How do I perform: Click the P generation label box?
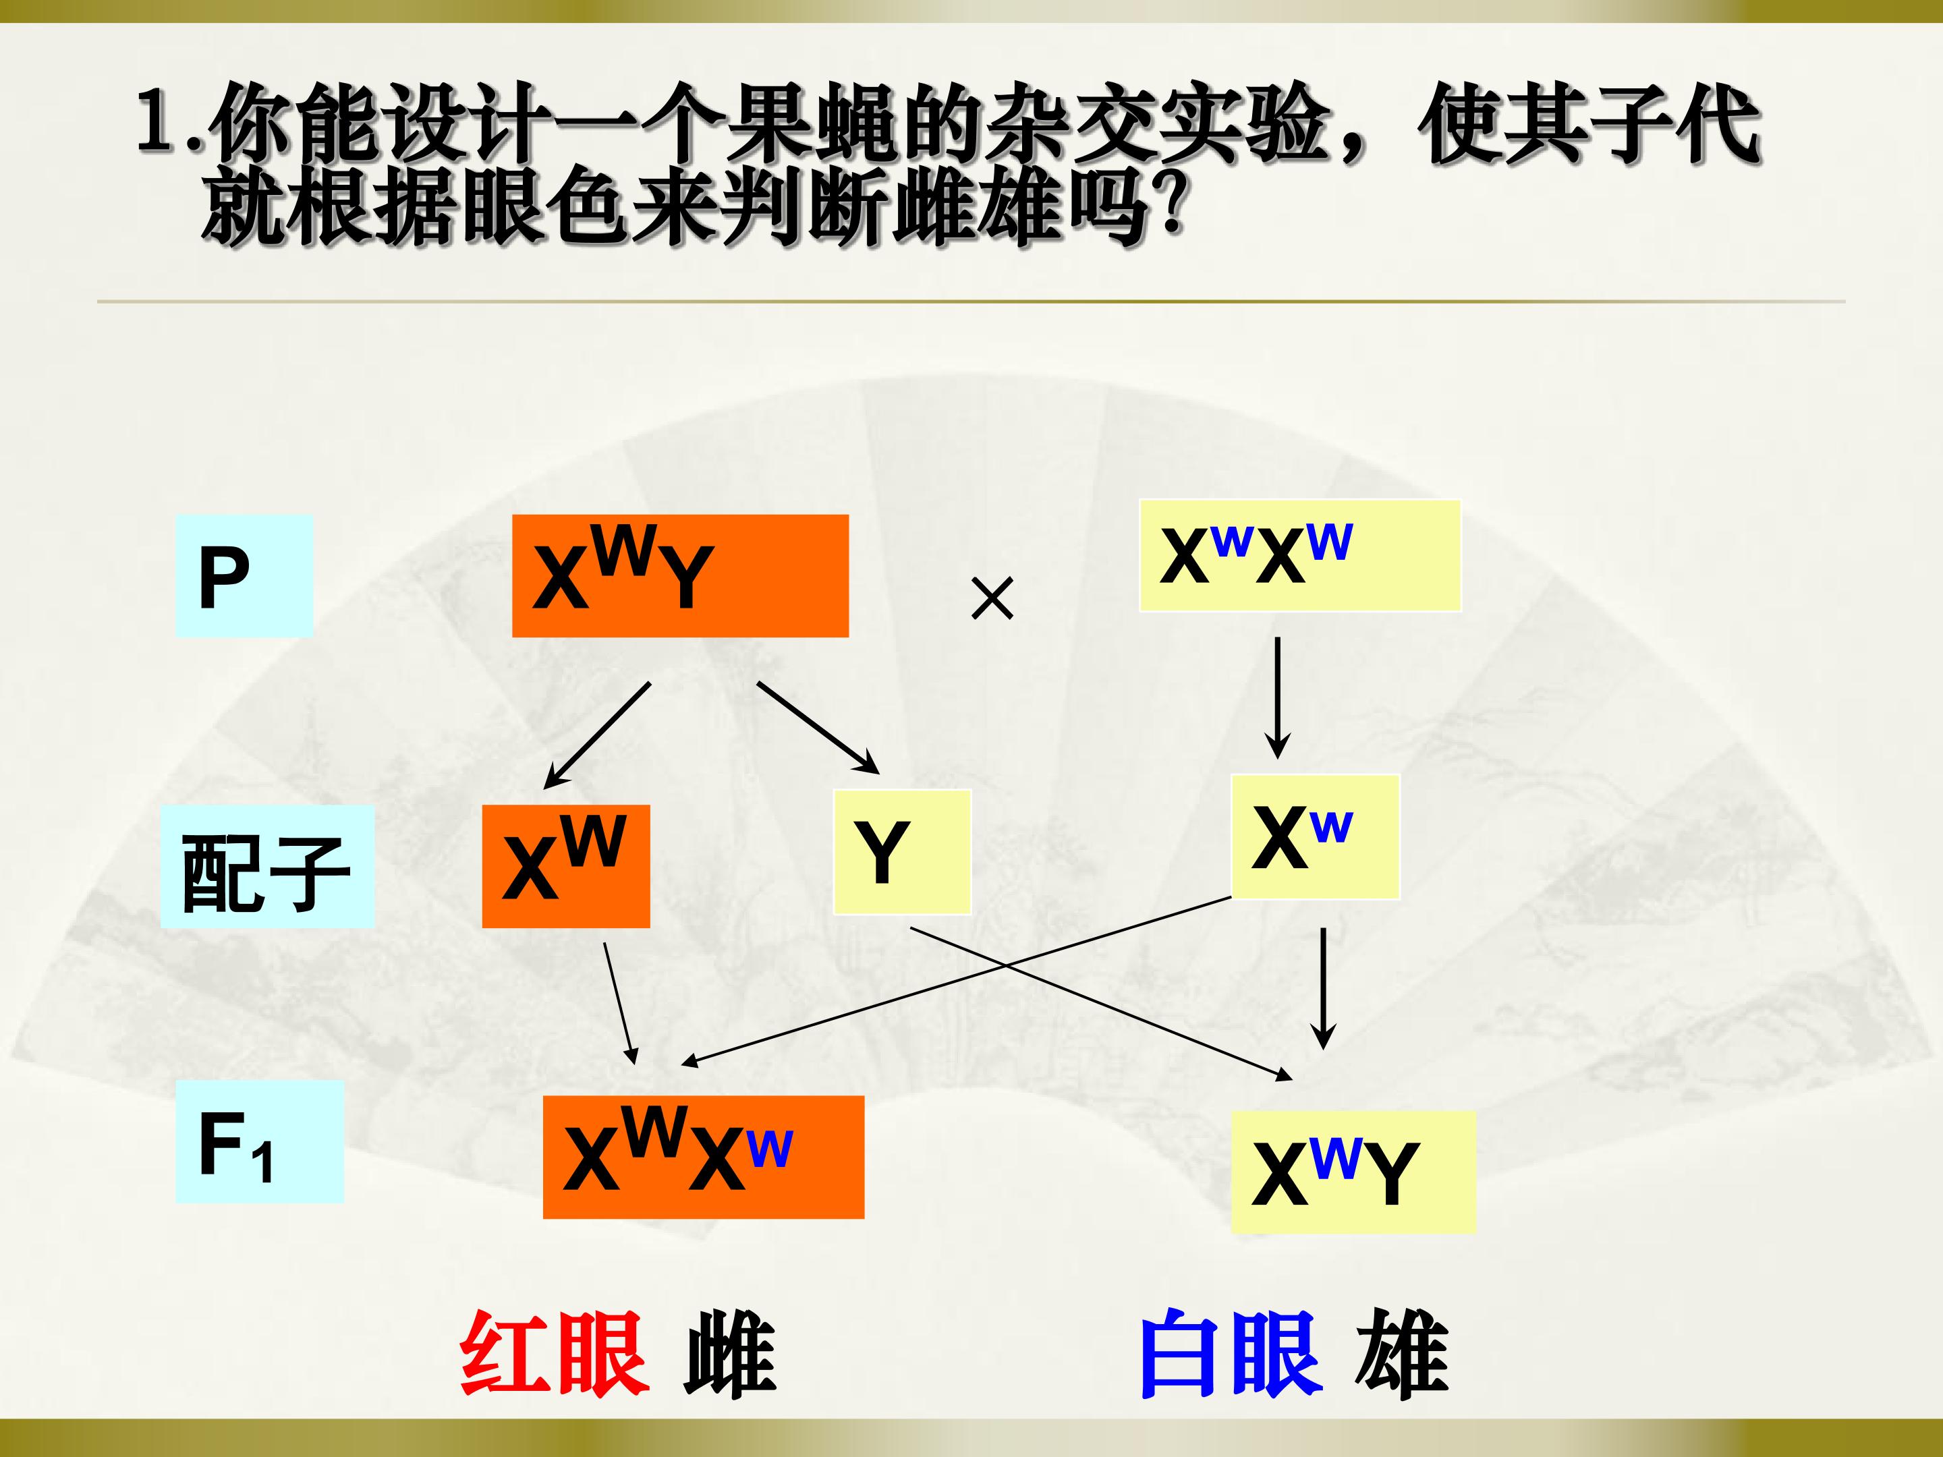point(244,576)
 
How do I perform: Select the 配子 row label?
point(267,867)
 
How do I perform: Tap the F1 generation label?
point(259,1142)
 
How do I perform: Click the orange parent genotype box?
point(680,576)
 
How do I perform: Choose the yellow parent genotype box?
point(1300,555)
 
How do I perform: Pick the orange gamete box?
point(565,866)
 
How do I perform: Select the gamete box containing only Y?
point(902,852)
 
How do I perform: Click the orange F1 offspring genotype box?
point(704,1157)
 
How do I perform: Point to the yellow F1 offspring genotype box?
point(1353,1172)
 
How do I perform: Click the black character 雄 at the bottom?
point(1402,1353)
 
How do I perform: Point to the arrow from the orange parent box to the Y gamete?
point(818,728)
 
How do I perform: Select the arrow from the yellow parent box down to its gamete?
point(1277,698)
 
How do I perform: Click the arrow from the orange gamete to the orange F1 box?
point(620,1004)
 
